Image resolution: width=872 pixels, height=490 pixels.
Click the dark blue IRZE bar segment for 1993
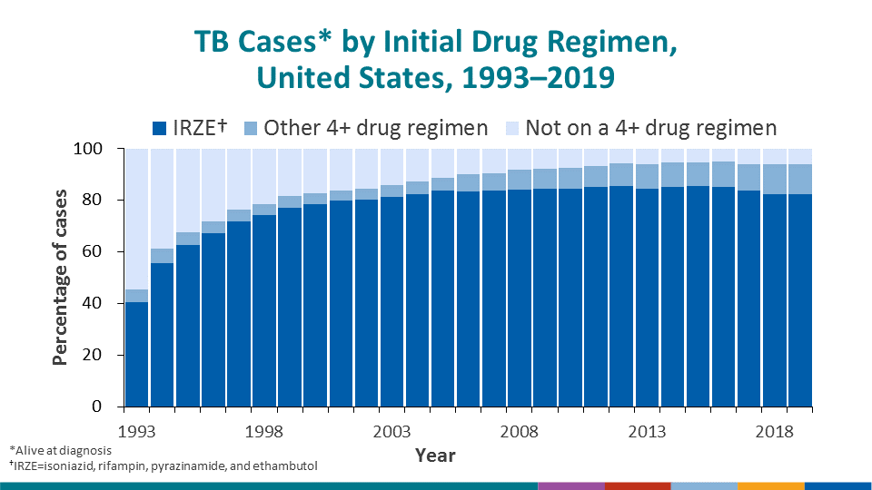click(137, 354)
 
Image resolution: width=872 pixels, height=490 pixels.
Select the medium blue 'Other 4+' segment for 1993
click(137, 296)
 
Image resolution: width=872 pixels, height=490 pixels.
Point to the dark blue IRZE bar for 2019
click(800, 299)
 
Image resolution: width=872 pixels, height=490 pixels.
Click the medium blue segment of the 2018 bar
click(775, 179)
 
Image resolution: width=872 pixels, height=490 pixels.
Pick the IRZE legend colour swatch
click(160, 128)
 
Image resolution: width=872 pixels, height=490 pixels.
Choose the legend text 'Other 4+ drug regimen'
click(376, 128)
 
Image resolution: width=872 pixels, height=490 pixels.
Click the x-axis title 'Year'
click(435, 455)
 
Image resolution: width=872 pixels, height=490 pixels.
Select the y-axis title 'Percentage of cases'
click(61, 277)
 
